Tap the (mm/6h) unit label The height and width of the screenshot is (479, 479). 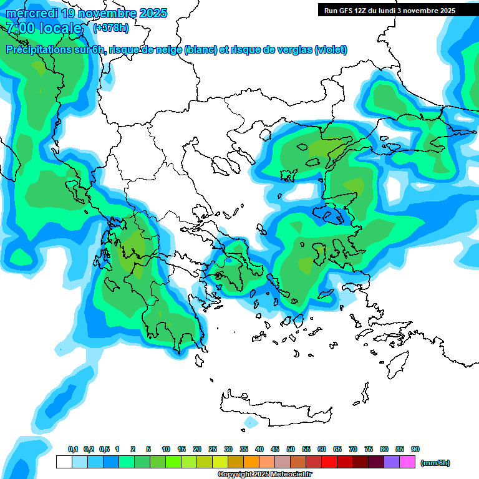[x=435, y=463]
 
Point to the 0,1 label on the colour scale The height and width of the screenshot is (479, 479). [x=73, y=450]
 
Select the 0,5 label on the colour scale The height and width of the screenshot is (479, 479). [x=104, y=450]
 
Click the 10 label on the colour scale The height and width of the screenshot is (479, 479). [x=166, y=450]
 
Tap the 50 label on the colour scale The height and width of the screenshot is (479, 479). [x=291, y=450]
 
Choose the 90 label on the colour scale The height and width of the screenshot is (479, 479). [x=415, y=450]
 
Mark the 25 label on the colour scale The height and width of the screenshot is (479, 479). [x=213, y=450]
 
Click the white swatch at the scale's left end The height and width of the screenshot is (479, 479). [x=64, y=462]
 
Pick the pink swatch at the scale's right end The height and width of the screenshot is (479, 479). [x=407, y=462]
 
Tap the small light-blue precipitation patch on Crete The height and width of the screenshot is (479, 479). [x=251, y=422]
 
